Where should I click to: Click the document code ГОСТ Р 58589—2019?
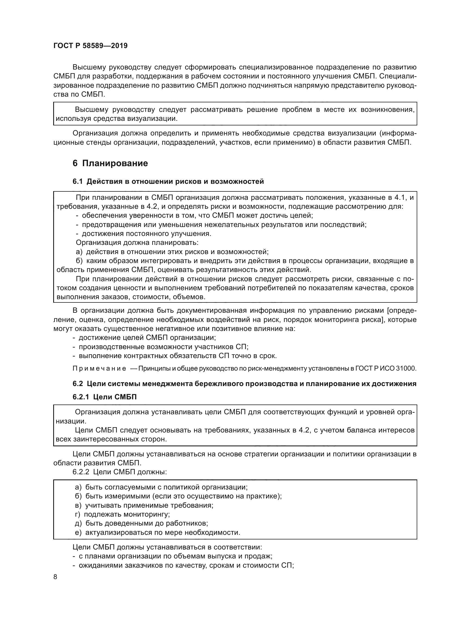[x=90, y=46]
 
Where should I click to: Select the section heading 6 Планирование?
[x=110, y=163]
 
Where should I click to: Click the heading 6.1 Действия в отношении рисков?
[x=168, y=181]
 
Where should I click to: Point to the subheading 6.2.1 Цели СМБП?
[x=105, y=397]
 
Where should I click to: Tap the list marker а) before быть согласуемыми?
[x=78, y=487]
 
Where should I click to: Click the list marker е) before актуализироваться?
[x=78, y=532]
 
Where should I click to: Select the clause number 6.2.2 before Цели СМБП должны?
[x=81, y=472]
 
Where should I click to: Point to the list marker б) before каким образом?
[x=79, y=261]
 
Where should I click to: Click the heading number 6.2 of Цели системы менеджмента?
[x=78, y=384]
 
